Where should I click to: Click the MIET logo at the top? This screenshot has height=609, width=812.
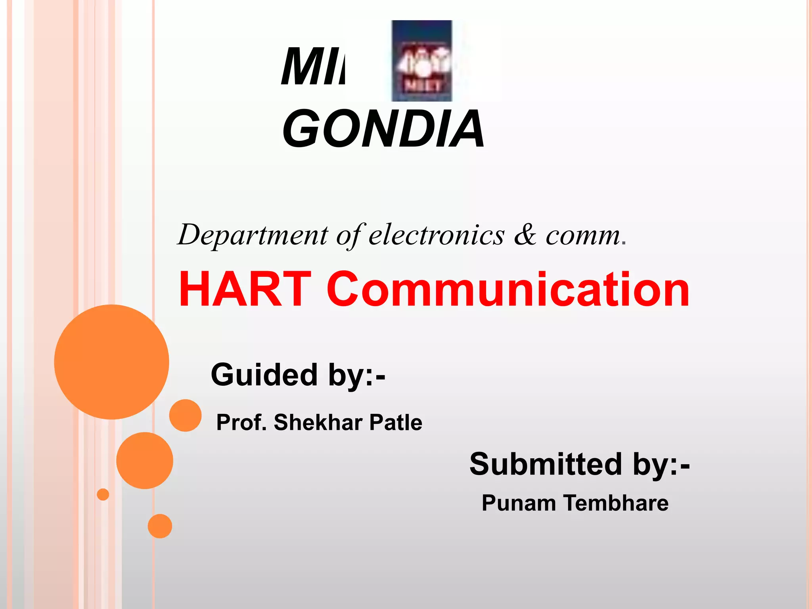tap(421, 61)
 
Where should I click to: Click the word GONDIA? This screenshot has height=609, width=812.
tap(383, 129)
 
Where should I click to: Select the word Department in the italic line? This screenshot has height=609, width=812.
tap(253, 235)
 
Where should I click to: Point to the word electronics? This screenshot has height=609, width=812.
tap(437, 235)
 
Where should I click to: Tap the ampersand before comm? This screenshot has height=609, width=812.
tap(525, 235)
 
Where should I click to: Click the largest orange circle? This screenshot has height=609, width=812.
tap(111, 362)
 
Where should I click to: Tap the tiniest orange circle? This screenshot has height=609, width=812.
tap(103, 494)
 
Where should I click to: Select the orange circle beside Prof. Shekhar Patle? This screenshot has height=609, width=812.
tap(185, 415)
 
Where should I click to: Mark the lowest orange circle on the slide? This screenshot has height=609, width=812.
tap(160, 526)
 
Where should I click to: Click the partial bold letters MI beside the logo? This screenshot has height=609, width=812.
tap(312, 67)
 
